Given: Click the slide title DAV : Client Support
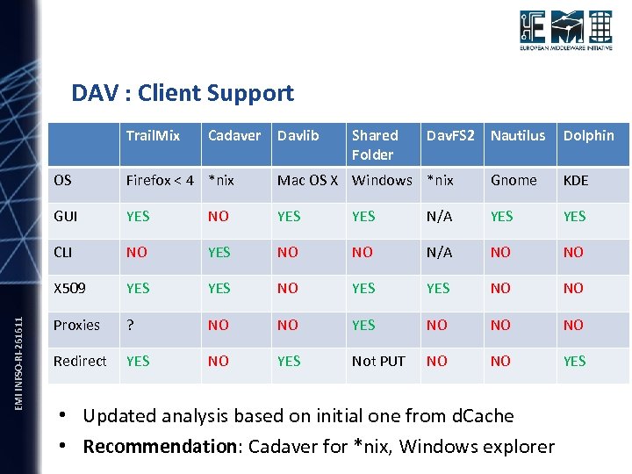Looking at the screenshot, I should pos(183,93).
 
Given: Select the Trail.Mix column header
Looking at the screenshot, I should pos(153,135).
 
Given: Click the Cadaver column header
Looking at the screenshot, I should pos(233,135).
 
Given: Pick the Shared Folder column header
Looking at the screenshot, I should pos(375,145).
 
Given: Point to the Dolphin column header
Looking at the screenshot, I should pos(588,135).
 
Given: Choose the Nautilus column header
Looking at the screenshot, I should pos(517,135).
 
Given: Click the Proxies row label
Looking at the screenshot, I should pos(76,325).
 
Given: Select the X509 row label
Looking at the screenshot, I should pos(69,288).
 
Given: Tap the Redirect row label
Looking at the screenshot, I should pos(80,361).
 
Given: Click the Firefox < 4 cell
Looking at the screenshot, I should pos(159,180).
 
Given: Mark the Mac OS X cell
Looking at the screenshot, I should pos(307,180).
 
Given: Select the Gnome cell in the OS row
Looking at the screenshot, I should pos(513,180).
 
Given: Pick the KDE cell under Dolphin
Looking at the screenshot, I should pos(575,180).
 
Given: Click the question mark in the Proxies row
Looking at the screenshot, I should pos(130,325).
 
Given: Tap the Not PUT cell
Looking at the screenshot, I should pos(378,361).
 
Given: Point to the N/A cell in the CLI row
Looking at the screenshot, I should pos(439,252).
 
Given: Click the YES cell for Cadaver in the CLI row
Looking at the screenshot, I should pos(219,252).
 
